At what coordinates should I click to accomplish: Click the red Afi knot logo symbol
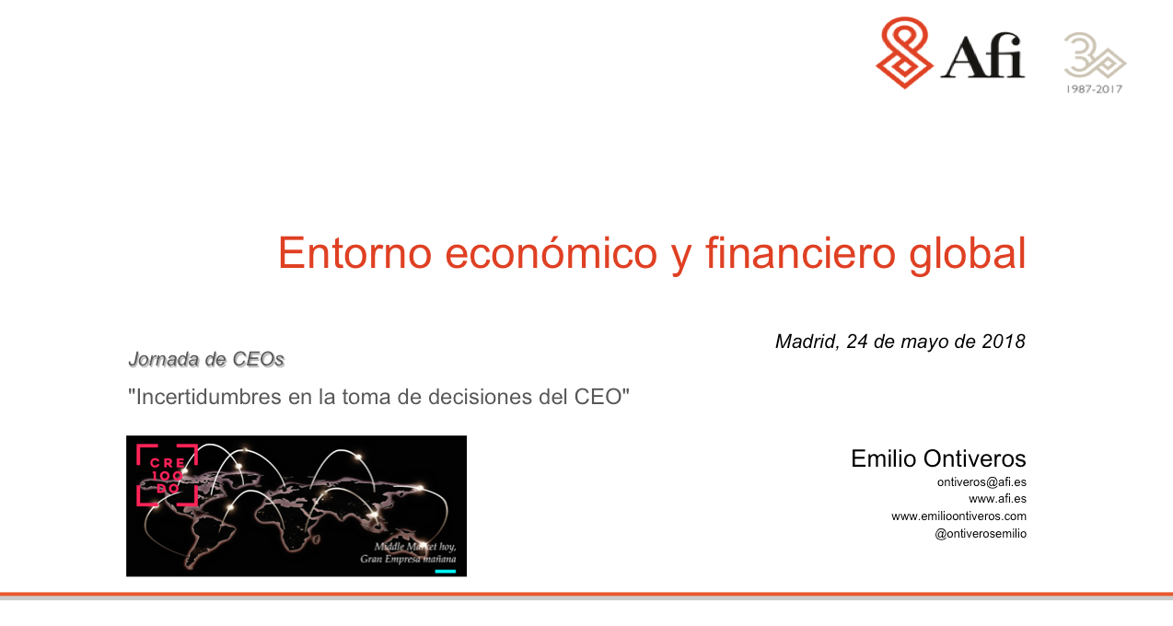tap(904, 52)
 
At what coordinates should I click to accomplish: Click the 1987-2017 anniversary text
tap(1095, 89)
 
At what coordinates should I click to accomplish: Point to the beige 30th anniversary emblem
tap(1095, 55)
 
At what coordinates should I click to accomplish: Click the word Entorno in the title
tap(354, 253)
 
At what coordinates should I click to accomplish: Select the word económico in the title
tap(551, 252)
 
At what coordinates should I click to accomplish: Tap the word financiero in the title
tap(800, 252)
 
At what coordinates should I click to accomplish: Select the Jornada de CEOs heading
tap(206, 359)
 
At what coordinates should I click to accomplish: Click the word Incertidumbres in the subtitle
tap(208, 397)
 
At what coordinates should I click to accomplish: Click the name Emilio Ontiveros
tap(938, 458)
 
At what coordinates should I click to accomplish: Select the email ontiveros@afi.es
tap(981, 482)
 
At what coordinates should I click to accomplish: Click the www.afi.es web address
tap(997, 499)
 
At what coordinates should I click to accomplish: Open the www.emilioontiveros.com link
tap(958, 516)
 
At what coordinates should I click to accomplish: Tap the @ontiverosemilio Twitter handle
tap(981, 534)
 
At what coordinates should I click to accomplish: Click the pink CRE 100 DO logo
tap(167, 475)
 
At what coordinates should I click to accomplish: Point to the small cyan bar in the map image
tap(445, 571)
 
